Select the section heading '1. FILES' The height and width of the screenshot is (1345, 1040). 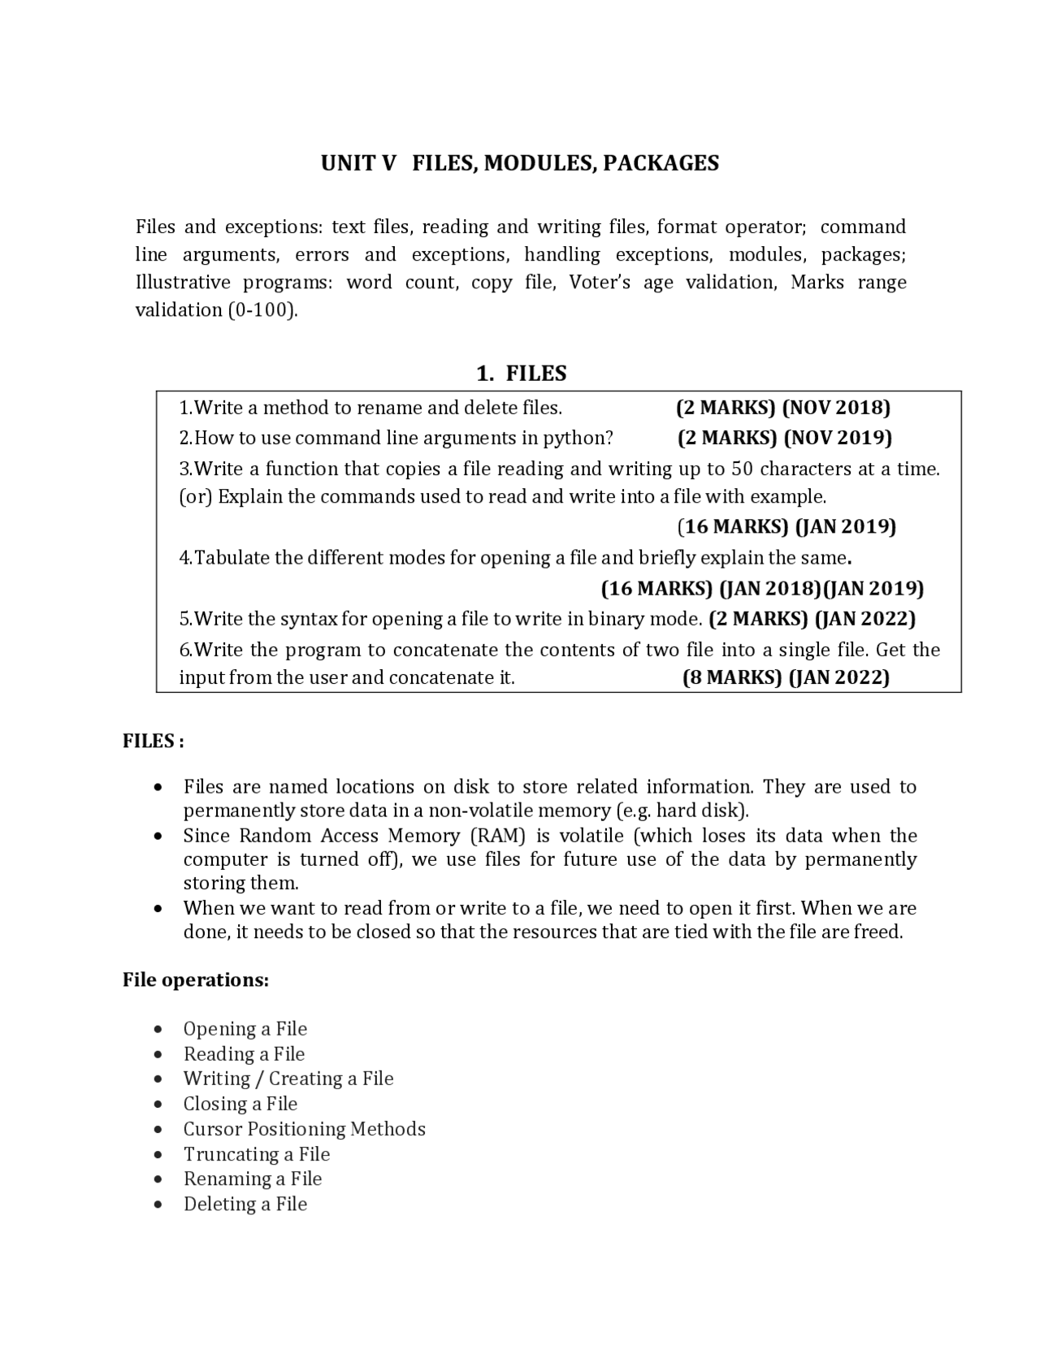521,374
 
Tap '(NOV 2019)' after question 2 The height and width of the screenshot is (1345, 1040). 838,438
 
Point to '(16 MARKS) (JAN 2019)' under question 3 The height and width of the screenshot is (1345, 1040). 786,526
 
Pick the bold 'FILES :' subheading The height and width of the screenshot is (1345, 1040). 154,741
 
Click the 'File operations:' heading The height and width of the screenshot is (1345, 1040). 196,980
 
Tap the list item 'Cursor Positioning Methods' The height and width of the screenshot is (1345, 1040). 304,1129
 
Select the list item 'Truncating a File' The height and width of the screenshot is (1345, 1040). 257,1154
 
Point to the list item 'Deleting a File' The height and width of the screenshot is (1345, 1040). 245,1204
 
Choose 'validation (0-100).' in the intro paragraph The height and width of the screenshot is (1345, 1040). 216,310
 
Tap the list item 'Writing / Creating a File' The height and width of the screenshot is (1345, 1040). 288,1079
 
